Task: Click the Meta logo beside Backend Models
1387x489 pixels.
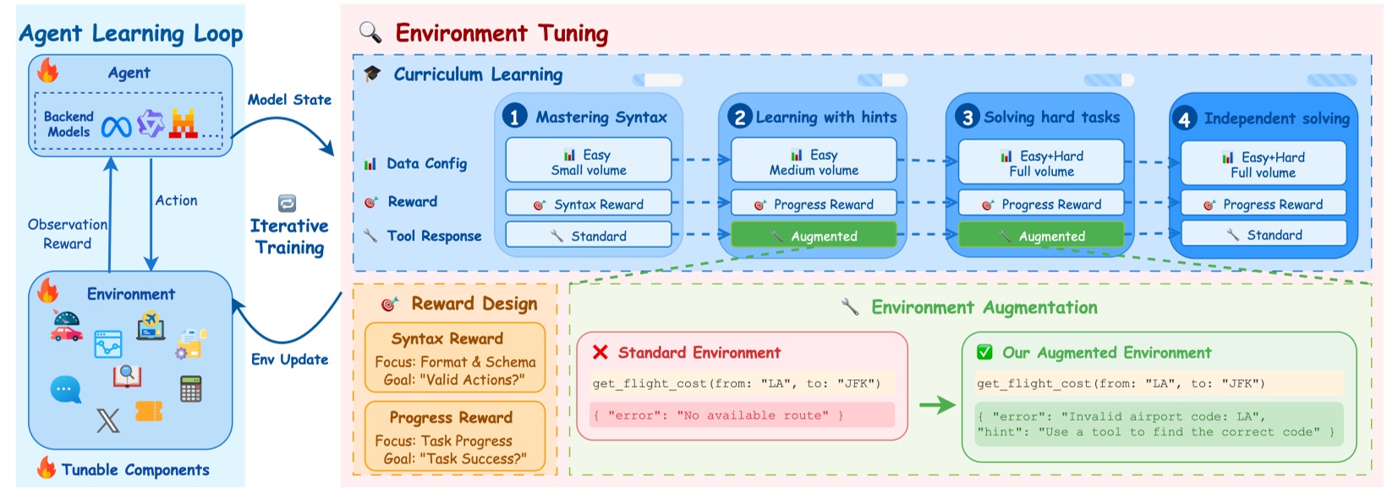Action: tap(116, 127)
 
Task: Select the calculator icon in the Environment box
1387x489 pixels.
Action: tap(191, 388)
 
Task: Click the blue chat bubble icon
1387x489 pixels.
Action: tap(65, 390)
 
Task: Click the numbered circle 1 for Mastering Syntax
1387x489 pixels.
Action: tap(514, 116)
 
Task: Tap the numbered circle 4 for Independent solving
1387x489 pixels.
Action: tap(1184, 118)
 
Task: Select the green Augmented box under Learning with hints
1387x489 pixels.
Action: tap(813, 236)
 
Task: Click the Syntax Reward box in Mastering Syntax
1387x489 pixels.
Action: tap(589, 204)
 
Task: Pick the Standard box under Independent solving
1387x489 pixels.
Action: tap(1263, 234)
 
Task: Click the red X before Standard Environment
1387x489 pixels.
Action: tap(600, 353)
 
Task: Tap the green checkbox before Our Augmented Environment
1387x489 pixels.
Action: tap(984, 353)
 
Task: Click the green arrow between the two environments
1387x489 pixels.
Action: tap(936, 405)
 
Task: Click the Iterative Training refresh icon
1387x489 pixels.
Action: tap(287, 203)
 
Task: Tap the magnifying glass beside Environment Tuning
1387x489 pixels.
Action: tap(370, 32)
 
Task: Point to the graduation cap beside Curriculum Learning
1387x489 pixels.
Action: tap(372, 74)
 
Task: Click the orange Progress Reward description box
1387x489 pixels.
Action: tap(454, 437)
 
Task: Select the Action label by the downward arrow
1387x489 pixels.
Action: tap(176, 201)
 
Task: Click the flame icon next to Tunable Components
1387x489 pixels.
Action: tap(47, 469)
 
